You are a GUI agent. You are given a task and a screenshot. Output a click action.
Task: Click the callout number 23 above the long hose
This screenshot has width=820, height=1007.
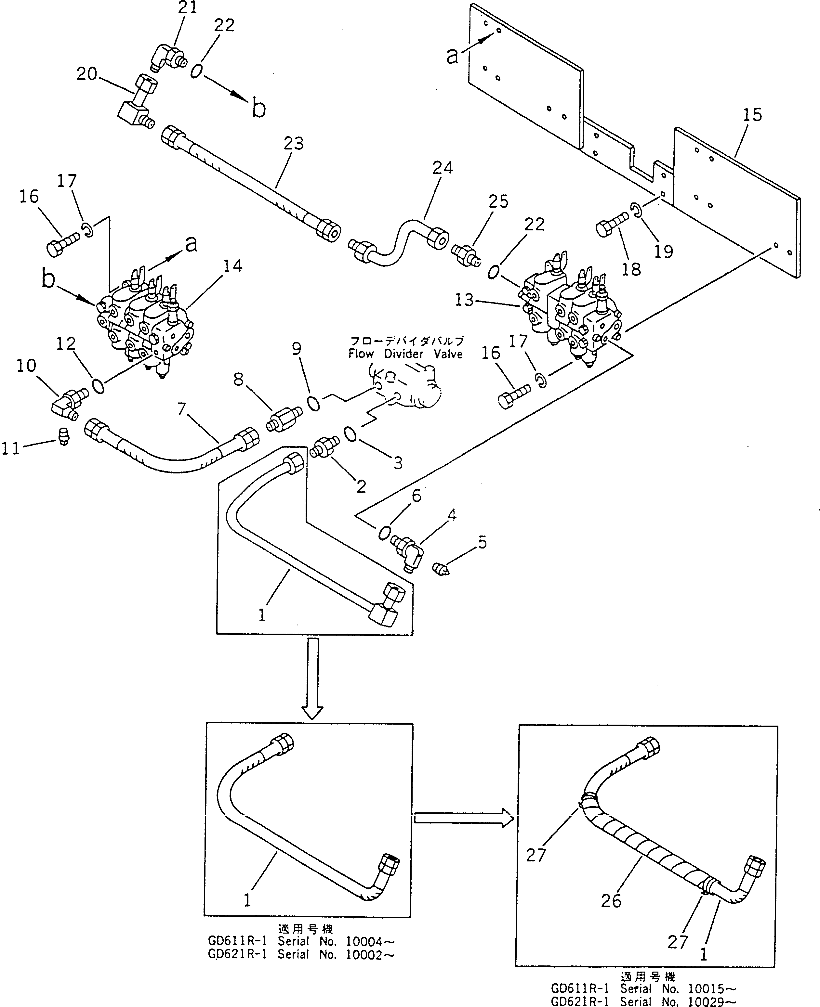point(293,144)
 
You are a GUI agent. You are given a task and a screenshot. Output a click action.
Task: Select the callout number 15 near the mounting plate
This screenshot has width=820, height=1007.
point(752,115)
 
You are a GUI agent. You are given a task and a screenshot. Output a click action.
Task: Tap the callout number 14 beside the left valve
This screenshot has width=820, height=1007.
point(232,266)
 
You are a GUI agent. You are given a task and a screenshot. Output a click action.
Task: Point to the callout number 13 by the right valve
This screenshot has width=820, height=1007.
point(464,300)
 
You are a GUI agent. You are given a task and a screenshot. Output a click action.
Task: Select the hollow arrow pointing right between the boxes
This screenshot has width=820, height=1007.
point(463,818)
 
